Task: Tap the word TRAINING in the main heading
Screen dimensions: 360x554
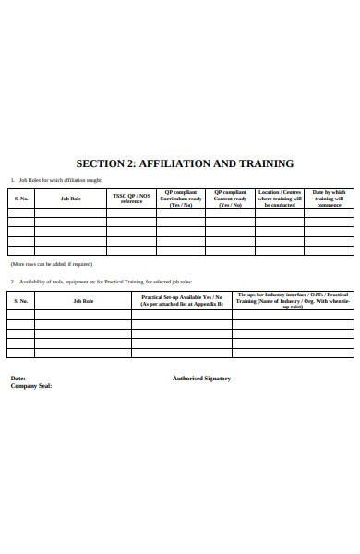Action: coord(264,163)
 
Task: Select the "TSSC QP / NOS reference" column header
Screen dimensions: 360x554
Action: coord(132,199)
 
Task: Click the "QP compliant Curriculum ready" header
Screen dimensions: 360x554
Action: coord(181,199)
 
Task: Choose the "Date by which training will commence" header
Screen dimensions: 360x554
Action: coord(330,199)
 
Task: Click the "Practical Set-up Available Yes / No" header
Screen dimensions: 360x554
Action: coord(182,299)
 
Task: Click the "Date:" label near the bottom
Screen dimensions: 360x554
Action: coord(18,379)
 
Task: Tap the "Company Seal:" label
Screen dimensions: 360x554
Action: coord(30,386)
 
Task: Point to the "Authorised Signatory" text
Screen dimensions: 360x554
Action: coord(201,379)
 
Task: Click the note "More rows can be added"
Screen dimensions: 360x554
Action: coord(51,264)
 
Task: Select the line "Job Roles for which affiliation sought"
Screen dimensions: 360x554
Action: coord(61,180)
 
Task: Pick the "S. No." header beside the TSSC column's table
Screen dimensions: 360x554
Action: coord(21,199)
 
